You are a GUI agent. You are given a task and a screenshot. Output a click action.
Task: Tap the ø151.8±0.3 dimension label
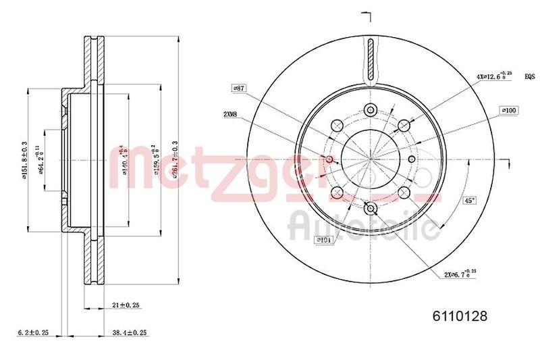pyautogui.click(x=24, y=162)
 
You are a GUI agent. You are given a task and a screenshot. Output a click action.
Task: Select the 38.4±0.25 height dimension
pyautogui.click(x=129, y=333)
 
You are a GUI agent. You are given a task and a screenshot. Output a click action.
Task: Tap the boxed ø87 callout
pyautogui.click(x=238, y=88)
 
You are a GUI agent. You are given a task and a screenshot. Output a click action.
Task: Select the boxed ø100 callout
pyautogui.click(x=508, y=109)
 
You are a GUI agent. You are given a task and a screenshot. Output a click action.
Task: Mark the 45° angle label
pyautogui.click(x=468, y=200)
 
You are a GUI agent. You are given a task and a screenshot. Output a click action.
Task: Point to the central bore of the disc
pyautogui.click(x=371, y=159)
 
